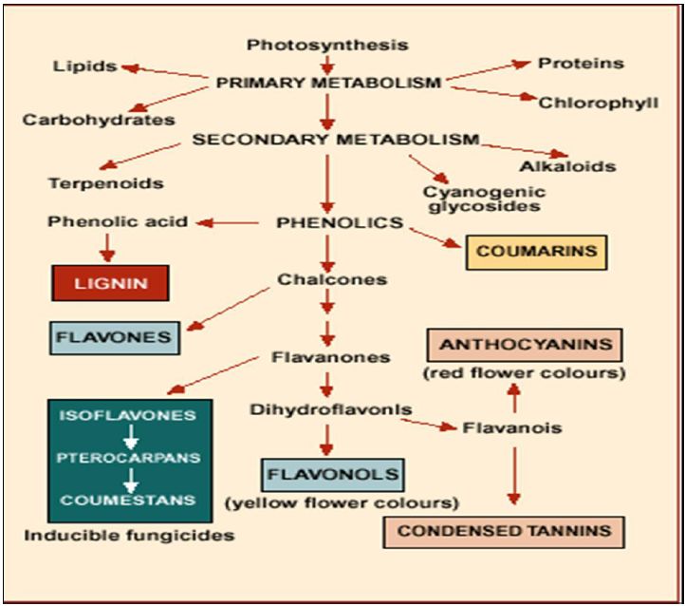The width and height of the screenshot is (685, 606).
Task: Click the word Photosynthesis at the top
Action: (x=327, y=45)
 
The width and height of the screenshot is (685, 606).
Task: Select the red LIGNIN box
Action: (x=110, y=282)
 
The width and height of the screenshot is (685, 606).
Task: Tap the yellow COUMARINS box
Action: (x=536, y=252)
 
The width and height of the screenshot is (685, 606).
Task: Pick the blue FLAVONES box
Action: (x=113, y=337)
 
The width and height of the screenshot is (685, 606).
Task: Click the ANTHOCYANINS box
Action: (x=525, y=344)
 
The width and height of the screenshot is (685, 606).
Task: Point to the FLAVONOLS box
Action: (x=332, y=472)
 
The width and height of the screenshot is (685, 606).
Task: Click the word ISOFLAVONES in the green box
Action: (x=130, y=416)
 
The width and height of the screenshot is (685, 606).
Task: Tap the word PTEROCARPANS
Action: (x=130, y=457)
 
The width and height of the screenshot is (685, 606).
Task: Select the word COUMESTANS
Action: (x=130, y=499)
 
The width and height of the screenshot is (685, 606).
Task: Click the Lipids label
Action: (x=85, y=66)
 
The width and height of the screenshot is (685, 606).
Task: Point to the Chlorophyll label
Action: (x=598, y=102)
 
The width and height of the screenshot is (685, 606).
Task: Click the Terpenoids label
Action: (x=105, y=182)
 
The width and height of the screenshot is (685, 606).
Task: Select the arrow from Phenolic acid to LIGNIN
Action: (x=106, y=247)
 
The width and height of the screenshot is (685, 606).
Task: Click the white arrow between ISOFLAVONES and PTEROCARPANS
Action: (x=130, y=436)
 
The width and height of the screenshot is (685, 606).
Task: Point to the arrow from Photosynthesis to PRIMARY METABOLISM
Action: (x=327, y=64)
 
